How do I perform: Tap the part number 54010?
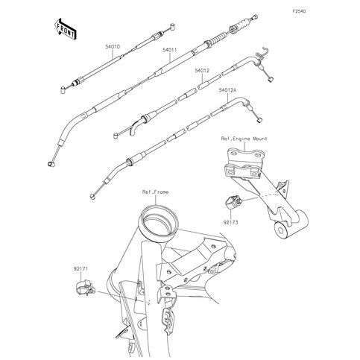[113, 47]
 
